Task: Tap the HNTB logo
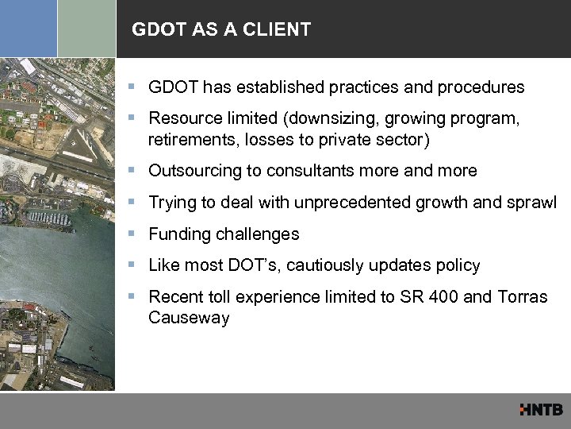click(x=541, y=410)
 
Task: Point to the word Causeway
click(x=188, y=318)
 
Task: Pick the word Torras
click(x=522, y=297)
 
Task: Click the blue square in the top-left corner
click(x=29, y=29)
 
